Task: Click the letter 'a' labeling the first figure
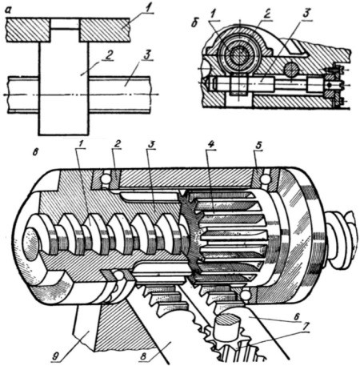coord(10,11)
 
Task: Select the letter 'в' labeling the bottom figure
coord(37,153)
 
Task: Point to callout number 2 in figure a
coord(109,54)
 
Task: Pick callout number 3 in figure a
coord(147,56)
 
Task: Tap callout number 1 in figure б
coord(213,14)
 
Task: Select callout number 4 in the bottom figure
coord(210,145)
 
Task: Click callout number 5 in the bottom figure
coord(259,146)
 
